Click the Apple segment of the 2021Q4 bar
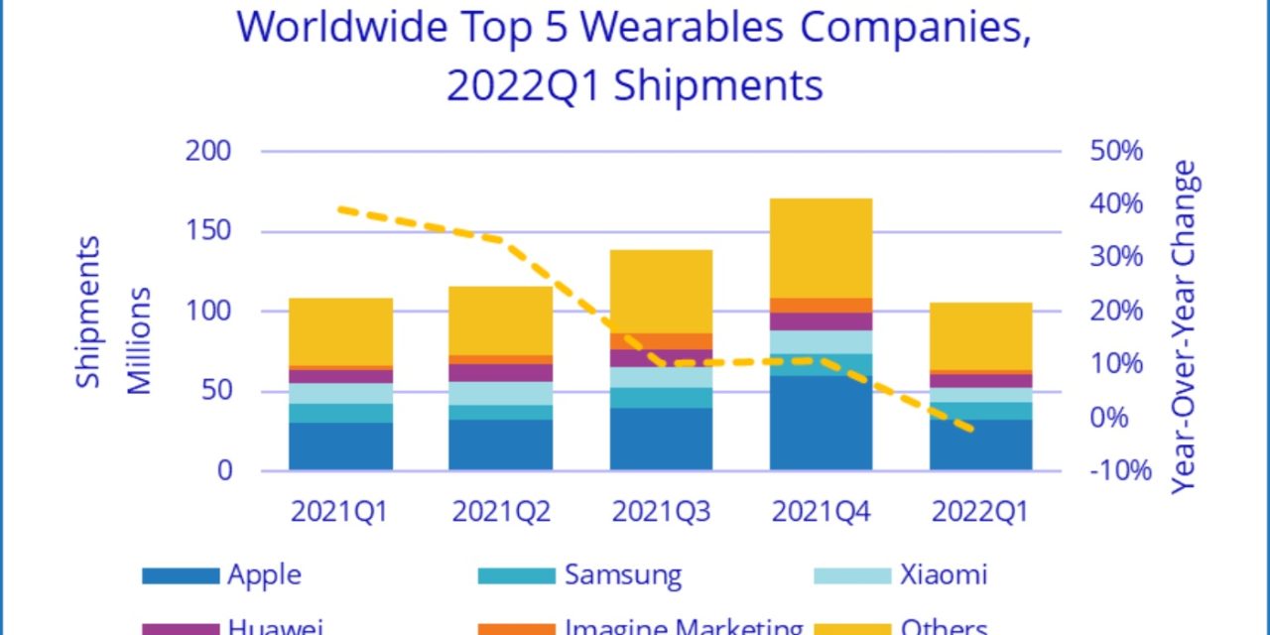click(x=821, y=423)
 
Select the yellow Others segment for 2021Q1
click(x=340, y=331)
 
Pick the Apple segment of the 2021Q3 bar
click(x=661, y=439)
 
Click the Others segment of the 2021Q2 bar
click(x=500, y=320)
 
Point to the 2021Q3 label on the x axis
click(x=661, y=512)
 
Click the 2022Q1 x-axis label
click(x=980, y=512)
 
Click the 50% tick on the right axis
click(x=1117, y=151)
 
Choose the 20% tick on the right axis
click(x=1117, y=311)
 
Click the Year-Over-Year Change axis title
click(x=1185, y=327)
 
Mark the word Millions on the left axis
click(x=140, y=341)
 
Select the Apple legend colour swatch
click(x=180, y=574)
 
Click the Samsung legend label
click(x=623, y=574)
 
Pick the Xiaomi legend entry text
click(x=944, y=574)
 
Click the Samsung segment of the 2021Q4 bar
click(x=821, y=364)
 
